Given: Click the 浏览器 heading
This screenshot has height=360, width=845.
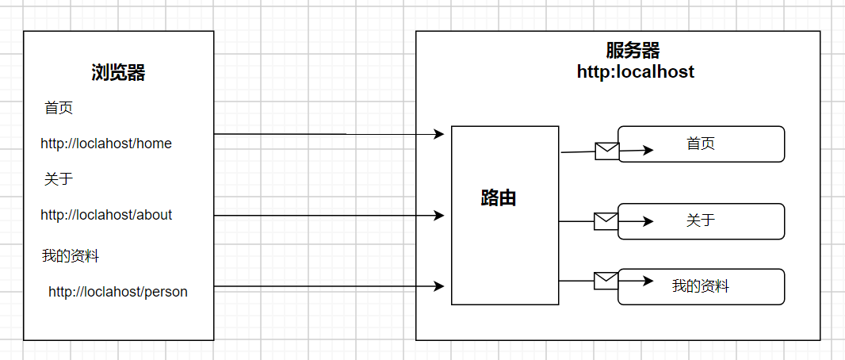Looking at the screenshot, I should point(118,74).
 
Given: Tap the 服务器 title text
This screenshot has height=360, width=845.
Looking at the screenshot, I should point(633,52).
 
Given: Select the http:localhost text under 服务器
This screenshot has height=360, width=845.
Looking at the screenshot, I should point(636,72).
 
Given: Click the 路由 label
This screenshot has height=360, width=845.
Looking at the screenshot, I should point(499,198).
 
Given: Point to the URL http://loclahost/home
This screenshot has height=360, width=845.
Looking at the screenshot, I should point(106,144).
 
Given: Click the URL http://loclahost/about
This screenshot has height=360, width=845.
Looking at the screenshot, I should point(106,215).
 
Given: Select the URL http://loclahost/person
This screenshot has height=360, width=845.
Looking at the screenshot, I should point(118,292).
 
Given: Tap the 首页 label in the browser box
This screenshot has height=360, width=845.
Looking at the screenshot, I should point(59,108).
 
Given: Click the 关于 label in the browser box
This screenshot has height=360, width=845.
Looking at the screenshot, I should point(59,179).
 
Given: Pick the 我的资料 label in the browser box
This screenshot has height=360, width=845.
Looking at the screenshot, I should point(71,256).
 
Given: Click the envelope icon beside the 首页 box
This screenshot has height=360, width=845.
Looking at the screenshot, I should point(606,151).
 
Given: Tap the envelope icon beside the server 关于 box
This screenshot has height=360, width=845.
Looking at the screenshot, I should point(606,221).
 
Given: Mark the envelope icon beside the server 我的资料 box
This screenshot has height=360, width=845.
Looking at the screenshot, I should point(606,280).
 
